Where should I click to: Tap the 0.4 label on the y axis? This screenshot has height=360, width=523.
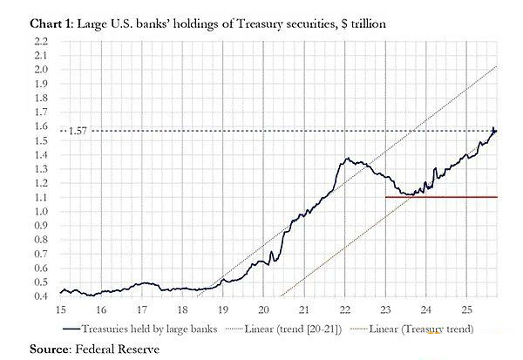pos(41,296)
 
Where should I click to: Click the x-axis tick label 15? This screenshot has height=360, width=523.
pos(60,310)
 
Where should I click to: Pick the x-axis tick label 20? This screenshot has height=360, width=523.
pos(263,310)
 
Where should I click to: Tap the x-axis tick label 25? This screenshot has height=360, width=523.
pos(466,310)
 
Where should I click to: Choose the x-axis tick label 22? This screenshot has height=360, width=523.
pos(344,310)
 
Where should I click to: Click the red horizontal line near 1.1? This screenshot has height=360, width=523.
pos(440,197)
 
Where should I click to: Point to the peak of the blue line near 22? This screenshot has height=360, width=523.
pos(347,158)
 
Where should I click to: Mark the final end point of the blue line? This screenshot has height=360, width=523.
pos(496,130)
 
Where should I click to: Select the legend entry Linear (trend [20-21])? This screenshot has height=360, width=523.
pos(301,329)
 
